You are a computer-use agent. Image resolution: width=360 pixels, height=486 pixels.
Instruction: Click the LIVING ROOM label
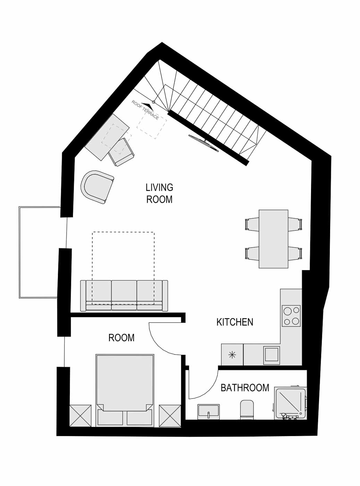(159, 193)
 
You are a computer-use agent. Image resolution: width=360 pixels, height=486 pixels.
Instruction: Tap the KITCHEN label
(235, 322)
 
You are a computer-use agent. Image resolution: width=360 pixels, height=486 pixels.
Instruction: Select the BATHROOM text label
(245, 388)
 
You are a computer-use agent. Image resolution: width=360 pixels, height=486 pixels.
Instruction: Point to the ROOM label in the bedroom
(122, 338)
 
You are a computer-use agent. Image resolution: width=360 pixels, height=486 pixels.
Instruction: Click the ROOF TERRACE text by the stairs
(145, 110)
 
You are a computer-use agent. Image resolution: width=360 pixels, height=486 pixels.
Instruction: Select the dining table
(274, 239)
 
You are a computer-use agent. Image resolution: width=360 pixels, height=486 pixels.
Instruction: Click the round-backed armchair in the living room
(97, 187)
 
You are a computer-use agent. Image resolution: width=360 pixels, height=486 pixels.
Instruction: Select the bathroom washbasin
(208, 412)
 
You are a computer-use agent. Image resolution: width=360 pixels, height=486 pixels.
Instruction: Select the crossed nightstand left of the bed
(80, 416)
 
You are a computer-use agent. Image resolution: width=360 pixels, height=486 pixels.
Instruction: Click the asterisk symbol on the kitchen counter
(232, 355)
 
